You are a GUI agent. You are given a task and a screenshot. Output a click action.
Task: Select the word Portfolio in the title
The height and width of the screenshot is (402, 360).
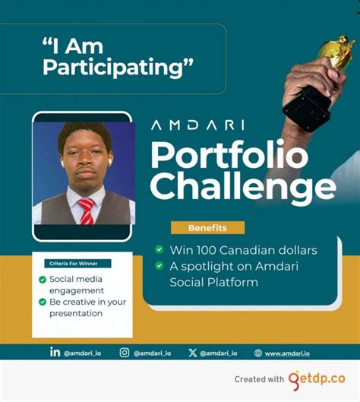(229, 156)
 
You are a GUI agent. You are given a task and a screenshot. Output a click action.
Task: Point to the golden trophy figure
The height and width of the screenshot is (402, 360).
(335, 53)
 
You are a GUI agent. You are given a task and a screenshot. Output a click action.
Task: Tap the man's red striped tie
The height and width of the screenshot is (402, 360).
(85, 210)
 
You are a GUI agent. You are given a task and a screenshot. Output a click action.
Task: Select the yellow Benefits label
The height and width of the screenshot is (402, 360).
(207, 227)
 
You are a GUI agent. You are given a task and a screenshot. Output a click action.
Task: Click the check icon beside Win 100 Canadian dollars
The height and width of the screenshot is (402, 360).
(159, 249)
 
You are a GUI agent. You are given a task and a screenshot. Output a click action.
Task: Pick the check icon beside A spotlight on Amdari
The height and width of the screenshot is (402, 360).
(159, 266)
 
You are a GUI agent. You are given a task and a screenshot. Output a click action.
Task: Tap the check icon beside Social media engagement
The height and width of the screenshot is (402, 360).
(43, 280)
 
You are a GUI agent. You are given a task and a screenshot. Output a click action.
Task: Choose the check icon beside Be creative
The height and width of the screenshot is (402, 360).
(43, 302)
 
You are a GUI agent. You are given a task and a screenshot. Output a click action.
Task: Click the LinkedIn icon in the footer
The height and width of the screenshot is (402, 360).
(55, 352)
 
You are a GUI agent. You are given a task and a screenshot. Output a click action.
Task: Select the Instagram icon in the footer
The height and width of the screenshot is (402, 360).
(125, 353)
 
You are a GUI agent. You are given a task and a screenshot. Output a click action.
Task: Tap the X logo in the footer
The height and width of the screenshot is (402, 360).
(192, 353)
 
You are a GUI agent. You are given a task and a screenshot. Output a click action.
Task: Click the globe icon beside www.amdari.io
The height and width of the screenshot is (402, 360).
(258, 353)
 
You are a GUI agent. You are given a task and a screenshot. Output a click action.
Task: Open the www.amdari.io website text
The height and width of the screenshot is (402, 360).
(292, 353)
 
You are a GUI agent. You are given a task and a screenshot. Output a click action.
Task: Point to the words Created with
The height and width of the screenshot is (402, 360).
(260, 378)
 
